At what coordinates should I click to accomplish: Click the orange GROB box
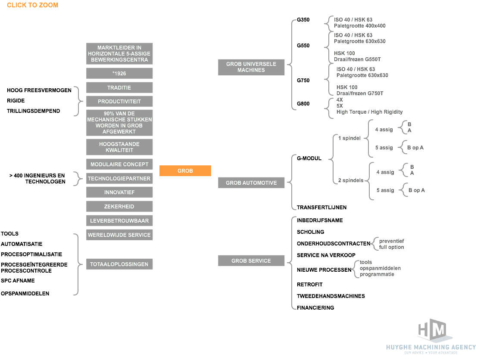(185, 171)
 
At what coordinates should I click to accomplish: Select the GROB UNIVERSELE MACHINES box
(251, 67)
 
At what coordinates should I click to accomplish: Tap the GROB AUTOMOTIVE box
(251, 183)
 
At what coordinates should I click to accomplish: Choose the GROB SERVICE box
(251, 261)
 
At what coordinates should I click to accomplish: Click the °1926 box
(119, 74)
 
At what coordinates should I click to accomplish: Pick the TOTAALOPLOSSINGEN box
(119, 264)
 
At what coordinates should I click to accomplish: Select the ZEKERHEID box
(119, 207)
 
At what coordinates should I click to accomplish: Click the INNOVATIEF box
(119, 192)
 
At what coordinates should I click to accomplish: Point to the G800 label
(303, 104)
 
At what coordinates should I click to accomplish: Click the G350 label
(303, 20)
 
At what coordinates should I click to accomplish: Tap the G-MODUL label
(309, 158)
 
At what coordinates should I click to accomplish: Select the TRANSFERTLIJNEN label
(322, 208)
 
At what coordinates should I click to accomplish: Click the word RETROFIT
(310, 285)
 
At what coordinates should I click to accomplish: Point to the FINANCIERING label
(315, 308)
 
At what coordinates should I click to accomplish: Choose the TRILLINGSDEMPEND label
(34, 111)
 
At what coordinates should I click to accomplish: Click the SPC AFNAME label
(18, 281)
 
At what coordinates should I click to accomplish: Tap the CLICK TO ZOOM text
(32, 5)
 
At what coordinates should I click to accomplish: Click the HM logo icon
(433, 330)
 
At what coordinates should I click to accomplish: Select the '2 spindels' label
(351, 180)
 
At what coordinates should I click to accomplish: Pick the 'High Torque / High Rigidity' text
(369, 112)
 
